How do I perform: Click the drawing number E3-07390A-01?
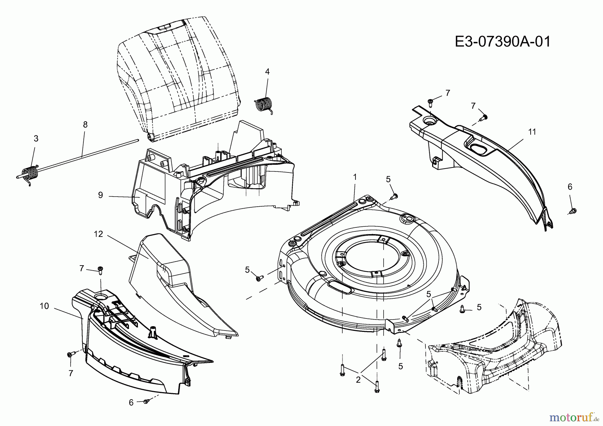click(x=503, y=42)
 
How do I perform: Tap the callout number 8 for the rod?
click(x=85, y=125)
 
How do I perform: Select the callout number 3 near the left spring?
click(x=36, y=139)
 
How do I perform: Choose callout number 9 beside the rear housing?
click(x=100, y=195)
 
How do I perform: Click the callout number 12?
click(x=98, y=234)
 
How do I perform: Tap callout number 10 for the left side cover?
click(x=44, y=306)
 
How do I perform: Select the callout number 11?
click(x=532, y=132)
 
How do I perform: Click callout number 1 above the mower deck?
click(x=355, y=176)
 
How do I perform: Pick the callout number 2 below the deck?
click(x=358, y=380)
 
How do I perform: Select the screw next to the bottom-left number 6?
click(x=146, y=401)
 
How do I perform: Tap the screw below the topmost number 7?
click(x=430, y=101)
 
